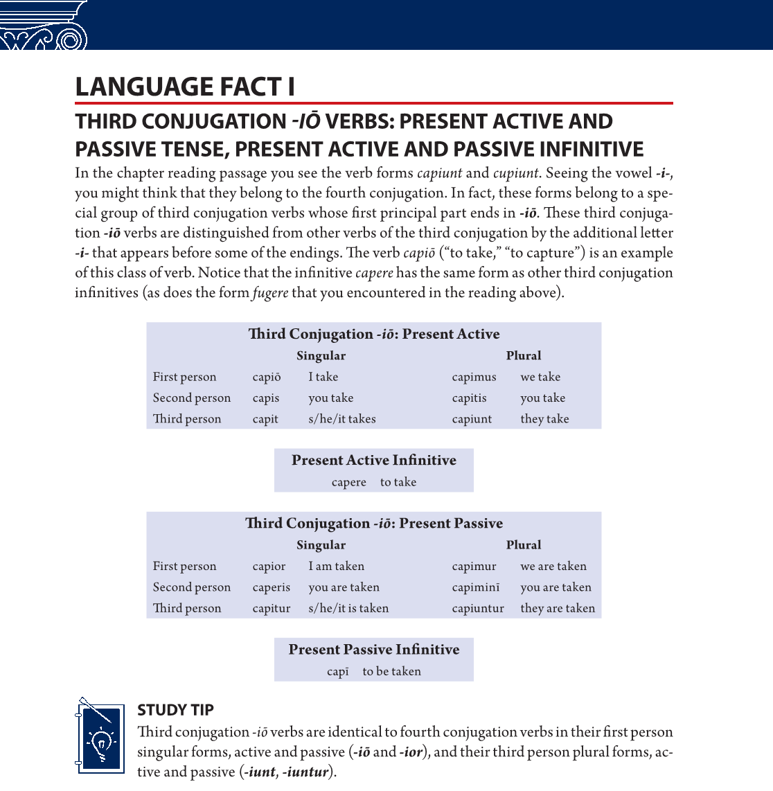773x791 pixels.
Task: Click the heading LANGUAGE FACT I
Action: click(185, 87)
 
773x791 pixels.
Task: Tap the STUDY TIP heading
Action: click(175, 710)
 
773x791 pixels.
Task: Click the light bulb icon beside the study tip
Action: click(101, 739)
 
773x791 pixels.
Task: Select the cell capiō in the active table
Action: click(267, 377)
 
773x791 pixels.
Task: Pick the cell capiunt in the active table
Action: click(472, 419)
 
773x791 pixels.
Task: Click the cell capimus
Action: click(474, 377)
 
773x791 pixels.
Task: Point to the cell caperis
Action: click(272, 587)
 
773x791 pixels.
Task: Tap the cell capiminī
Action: click(476, 587)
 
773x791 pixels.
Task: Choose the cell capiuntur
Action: click(478, 608)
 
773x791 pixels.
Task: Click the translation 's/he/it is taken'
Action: click(348, 608)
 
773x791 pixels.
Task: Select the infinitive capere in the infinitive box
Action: click(349, 482)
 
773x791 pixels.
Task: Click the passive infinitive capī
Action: click(338, 671)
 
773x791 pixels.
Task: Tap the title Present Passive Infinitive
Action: click(374, 650)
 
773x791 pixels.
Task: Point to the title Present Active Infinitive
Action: click(374, 461)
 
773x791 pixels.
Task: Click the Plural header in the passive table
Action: click(524, 545)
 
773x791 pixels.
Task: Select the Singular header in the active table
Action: click(321, 356)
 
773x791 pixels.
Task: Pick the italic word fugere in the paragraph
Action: click(270, 293)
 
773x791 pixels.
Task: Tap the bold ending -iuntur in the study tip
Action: click(305, 772)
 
